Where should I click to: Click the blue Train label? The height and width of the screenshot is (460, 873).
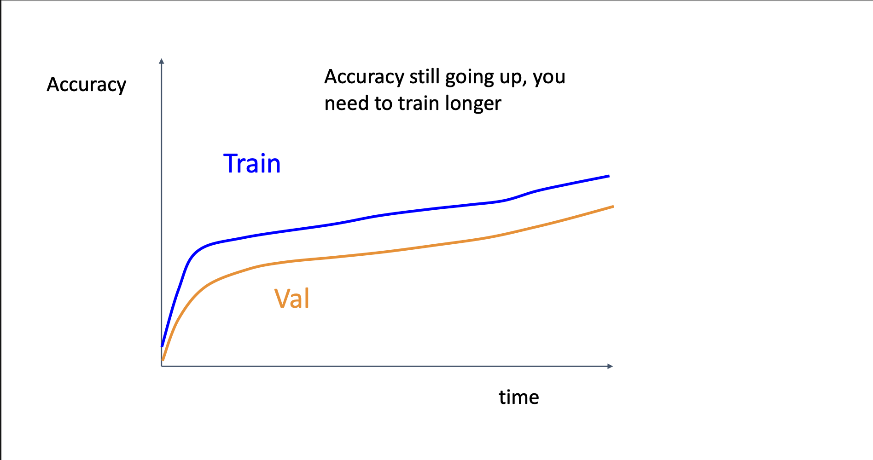click(252, 163)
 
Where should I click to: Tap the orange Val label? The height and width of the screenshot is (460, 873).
click(292, 298)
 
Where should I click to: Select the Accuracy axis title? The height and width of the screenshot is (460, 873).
click(87, 85)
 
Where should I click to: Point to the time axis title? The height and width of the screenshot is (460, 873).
click(519, 397)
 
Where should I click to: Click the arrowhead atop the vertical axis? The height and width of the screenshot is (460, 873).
click(161, 61)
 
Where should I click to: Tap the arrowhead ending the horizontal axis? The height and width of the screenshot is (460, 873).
click(610, 366)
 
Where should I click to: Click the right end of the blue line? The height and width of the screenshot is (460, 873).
click(609, 176)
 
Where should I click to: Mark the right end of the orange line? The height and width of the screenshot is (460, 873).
click(613, 207)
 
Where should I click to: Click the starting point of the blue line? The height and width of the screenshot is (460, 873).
click(162, 346)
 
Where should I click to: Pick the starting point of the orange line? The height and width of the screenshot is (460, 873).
click(163, 360)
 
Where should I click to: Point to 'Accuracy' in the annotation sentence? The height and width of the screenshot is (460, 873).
click(365, 77)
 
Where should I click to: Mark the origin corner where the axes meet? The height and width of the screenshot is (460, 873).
click(162, 366)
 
